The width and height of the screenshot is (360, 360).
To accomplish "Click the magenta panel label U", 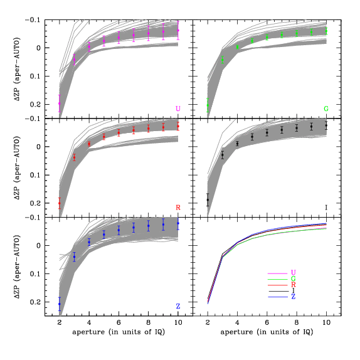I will [x=178, y=109].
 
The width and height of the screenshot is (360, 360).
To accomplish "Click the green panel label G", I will [x=326, y=109].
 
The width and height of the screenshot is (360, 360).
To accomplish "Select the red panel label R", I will [x=178, y=207].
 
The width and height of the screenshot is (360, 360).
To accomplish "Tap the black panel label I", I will [x=326, y=207].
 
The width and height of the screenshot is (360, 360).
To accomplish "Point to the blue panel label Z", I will [x=178, y=306].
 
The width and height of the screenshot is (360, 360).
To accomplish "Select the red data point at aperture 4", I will [x=89, y=144].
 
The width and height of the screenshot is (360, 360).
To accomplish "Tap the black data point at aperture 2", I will [x=208, y=200].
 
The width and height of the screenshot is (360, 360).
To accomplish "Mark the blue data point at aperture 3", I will [x=74, y=257].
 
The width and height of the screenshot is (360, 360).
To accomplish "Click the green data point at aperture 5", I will [x=252, y=41].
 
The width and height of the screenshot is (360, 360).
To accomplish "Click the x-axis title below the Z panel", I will [x=119, y=331].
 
